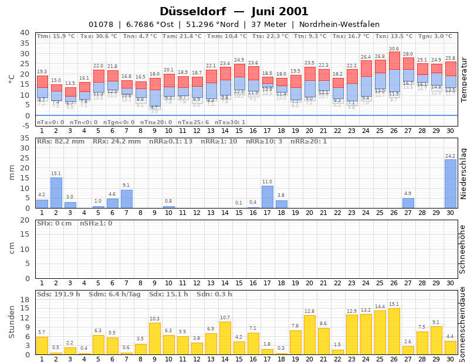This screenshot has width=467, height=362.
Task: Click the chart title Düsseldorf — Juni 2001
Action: (x=233, y=12)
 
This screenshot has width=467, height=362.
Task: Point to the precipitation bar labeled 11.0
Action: (x=268, y=197)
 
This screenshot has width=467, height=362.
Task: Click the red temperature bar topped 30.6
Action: (x=394, y=60)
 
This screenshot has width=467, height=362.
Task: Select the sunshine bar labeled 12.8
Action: (x=310, y=334)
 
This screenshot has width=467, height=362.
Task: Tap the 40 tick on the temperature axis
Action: (x=25, y=33)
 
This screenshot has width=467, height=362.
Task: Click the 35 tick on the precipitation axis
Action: (x=25, y=138)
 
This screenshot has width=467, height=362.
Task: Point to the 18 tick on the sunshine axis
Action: (x=25, y=299)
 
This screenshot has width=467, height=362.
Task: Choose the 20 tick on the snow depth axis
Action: (x=25, y=220)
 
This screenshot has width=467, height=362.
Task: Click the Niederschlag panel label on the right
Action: (x=463, y=173)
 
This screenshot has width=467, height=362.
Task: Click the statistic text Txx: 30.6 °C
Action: (x=98, y=36)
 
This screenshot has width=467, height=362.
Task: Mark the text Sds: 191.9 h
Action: (x=58, y=293)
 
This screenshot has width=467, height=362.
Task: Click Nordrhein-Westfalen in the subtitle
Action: (x=339, y=25)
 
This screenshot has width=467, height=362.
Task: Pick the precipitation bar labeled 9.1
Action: (x=127, y=199)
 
